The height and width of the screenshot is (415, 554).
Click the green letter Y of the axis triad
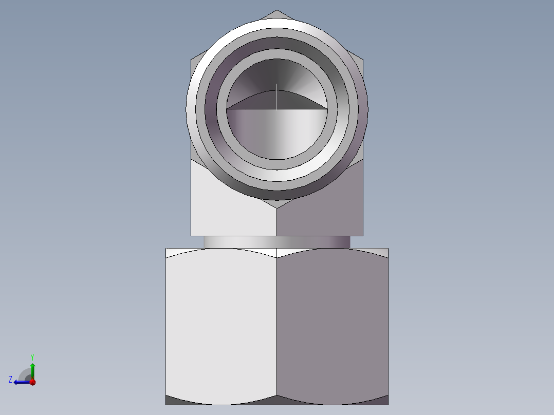click(32, 357)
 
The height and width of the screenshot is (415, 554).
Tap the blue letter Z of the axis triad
click(10, 380)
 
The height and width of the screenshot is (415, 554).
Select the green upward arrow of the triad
click(32, 371)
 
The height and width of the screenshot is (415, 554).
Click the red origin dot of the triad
click(33, 382)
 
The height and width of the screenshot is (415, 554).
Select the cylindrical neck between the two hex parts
click(277, 242)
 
